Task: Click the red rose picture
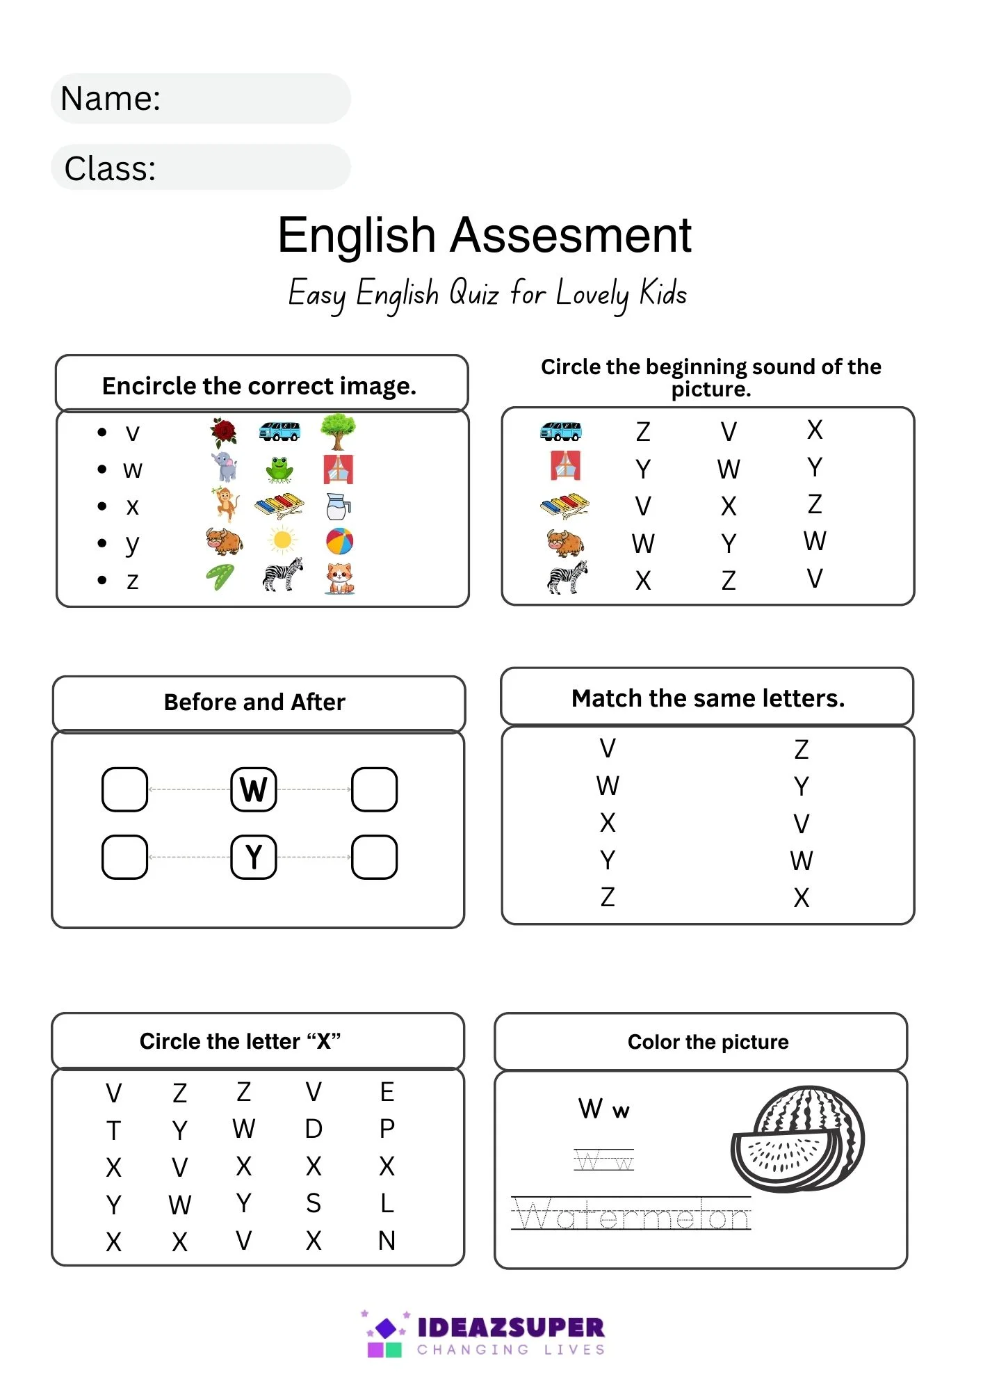pos(223,432)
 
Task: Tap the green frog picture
pos(279,469)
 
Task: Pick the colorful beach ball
pos(339,540)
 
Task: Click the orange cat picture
pos(339,578)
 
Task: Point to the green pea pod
pos(220,577)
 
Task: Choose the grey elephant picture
pos(225,467)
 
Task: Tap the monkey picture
pos(224,504)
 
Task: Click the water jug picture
pos(338,506)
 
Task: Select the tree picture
pos(339,432)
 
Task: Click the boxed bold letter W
pos(254,789)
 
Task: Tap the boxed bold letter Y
pos(254,857)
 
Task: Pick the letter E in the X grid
pos(387,1092)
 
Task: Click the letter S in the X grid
pos(314,1203)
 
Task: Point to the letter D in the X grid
pos(314,1129)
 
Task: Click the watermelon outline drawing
pos(798,1139)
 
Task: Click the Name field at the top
pos(201,99)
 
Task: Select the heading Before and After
pos(254,702)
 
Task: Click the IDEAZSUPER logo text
pos(510,1328)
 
